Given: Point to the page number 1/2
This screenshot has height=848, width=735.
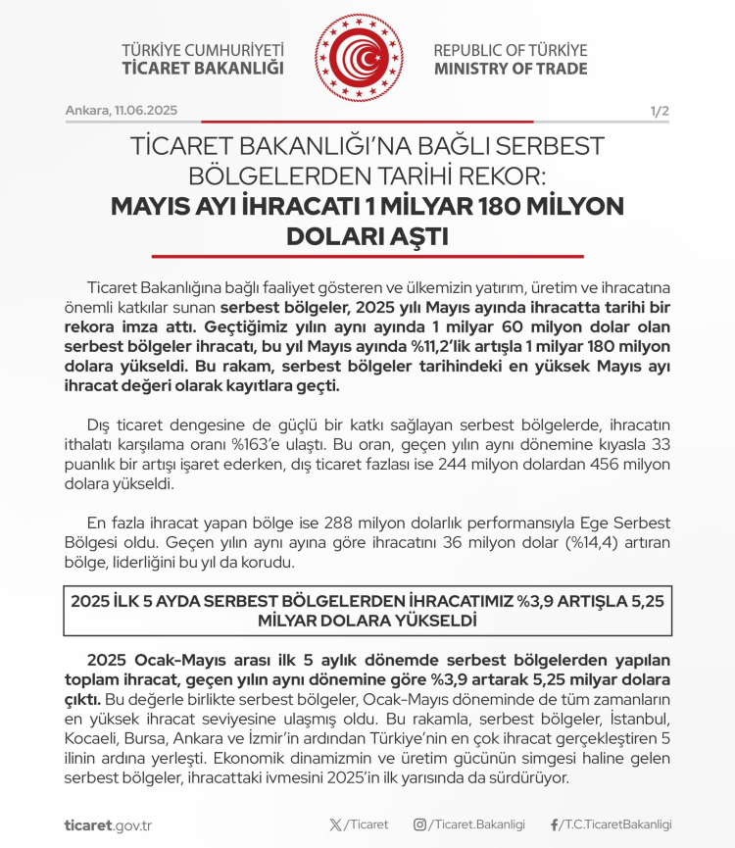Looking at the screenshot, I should (659, 111).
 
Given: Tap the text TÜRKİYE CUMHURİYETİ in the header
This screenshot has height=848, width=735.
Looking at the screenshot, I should (203, 50).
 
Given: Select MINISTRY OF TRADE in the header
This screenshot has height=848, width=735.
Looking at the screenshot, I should (511, 69).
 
